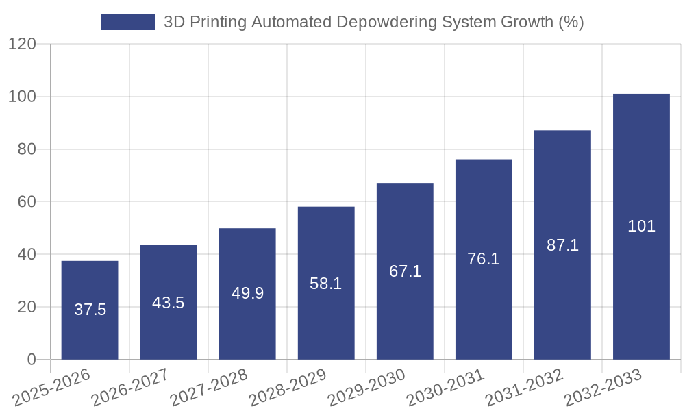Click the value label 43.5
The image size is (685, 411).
[x=169, y=303]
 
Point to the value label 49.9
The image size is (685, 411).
[x=247, y=293]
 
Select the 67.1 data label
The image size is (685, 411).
[x=405, y=271]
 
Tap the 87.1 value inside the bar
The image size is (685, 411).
[x=562, y=245]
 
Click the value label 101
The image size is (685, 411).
[x=641, y=226]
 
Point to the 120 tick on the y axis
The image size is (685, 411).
[x=22, y=45]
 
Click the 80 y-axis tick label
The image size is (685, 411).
[x=27, y=149]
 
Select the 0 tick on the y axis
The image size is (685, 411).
[x=32, y=360]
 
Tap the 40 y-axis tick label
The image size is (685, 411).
[x=27, y=254]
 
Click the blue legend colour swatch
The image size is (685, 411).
[x=128, y=22]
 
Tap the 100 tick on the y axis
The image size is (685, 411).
[x=22, y=97]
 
